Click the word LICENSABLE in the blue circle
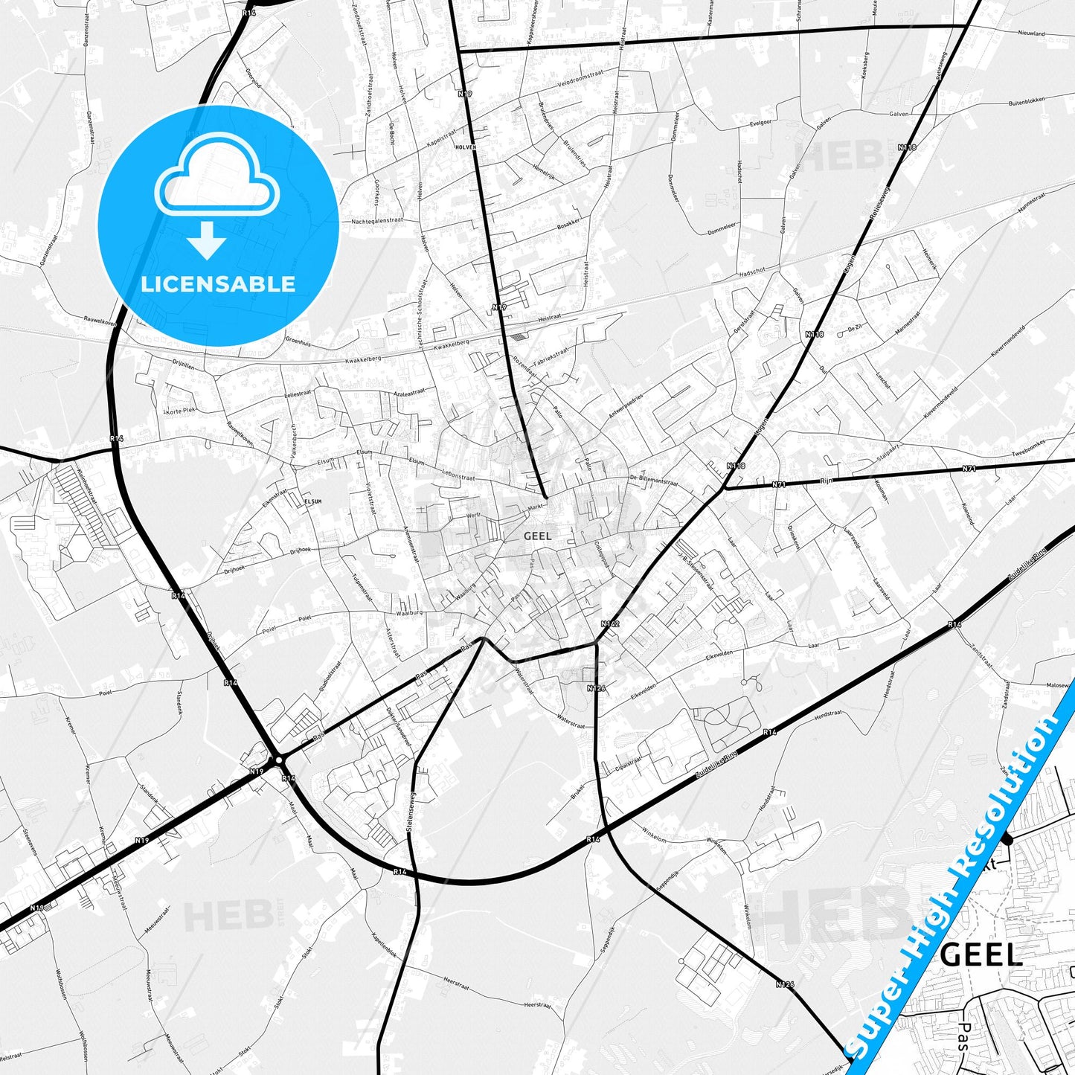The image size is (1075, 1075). point(218,284)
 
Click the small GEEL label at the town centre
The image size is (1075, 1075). point(537,536)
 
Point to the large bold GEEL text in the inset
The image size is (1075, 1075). point(981,955)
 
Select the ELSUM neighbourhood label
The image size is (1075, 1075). point(312,501)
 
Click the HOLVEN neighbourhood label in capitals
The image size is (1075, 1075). point(465,147)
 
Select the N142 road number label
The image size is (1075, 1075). point(610,623)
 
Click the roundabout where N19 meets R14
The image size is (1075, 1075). point(278,760)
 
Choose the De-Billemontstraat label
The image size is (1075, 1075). point(654,481)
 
